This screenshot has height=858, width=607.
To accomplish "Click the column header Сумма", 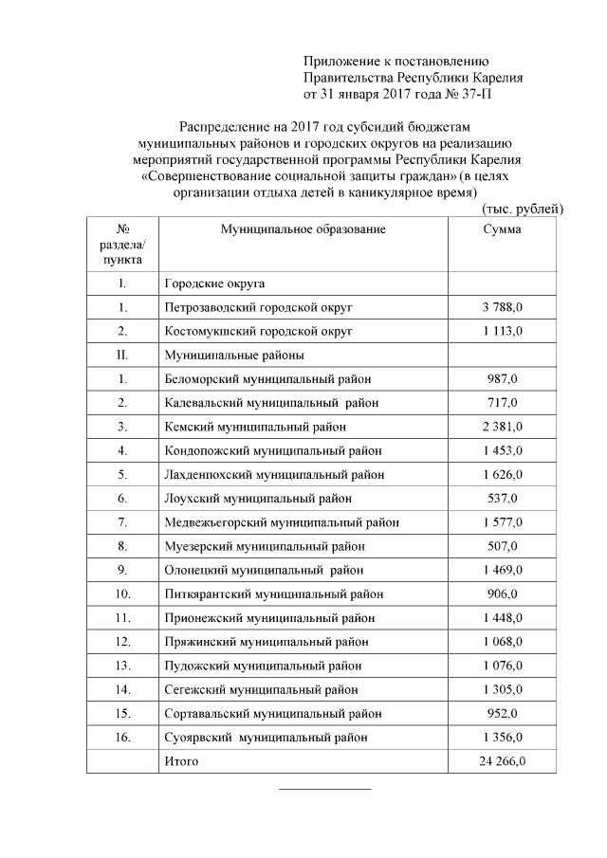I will tap(502, 230).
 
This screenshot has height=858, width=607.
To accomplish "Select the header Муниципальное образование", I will tap(303, 230).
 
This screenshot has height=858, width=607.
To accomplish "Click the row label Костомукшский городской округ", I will tap(258, 332).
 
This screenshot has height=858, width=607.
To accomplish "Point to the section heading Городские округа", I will tap(214, 283).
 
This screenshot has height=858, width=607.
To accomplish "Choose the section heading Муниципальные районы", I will tap(234, 355).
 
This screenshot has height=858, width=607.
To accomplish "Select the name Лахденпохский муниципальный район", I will tap(275, 474).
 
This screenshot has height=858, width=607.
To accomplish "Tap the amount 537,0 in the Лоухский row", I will tap(503, 498).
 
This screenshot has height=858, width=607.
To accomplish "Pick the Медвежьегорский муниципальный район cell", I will tap(282, 522).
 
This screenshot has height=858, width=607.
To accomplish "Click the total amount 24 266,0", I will tap(503, 760).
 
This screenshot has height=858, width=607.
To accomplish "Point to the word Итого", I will tap(182, 760).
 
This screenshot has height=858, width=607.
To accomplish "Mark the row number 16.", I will tap(122, 737).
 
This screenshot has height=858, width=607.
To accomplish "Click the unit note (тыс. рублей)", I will tap(524, 208).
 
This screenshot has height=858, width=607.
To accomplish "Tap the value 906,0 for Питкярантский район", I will tap(503, 593).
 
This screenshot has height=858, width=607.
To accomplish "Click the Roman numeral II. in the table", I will tap(122, 355).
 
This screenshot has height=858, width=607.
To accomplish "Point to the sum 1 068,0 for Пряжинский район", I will tap(503, 642).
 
